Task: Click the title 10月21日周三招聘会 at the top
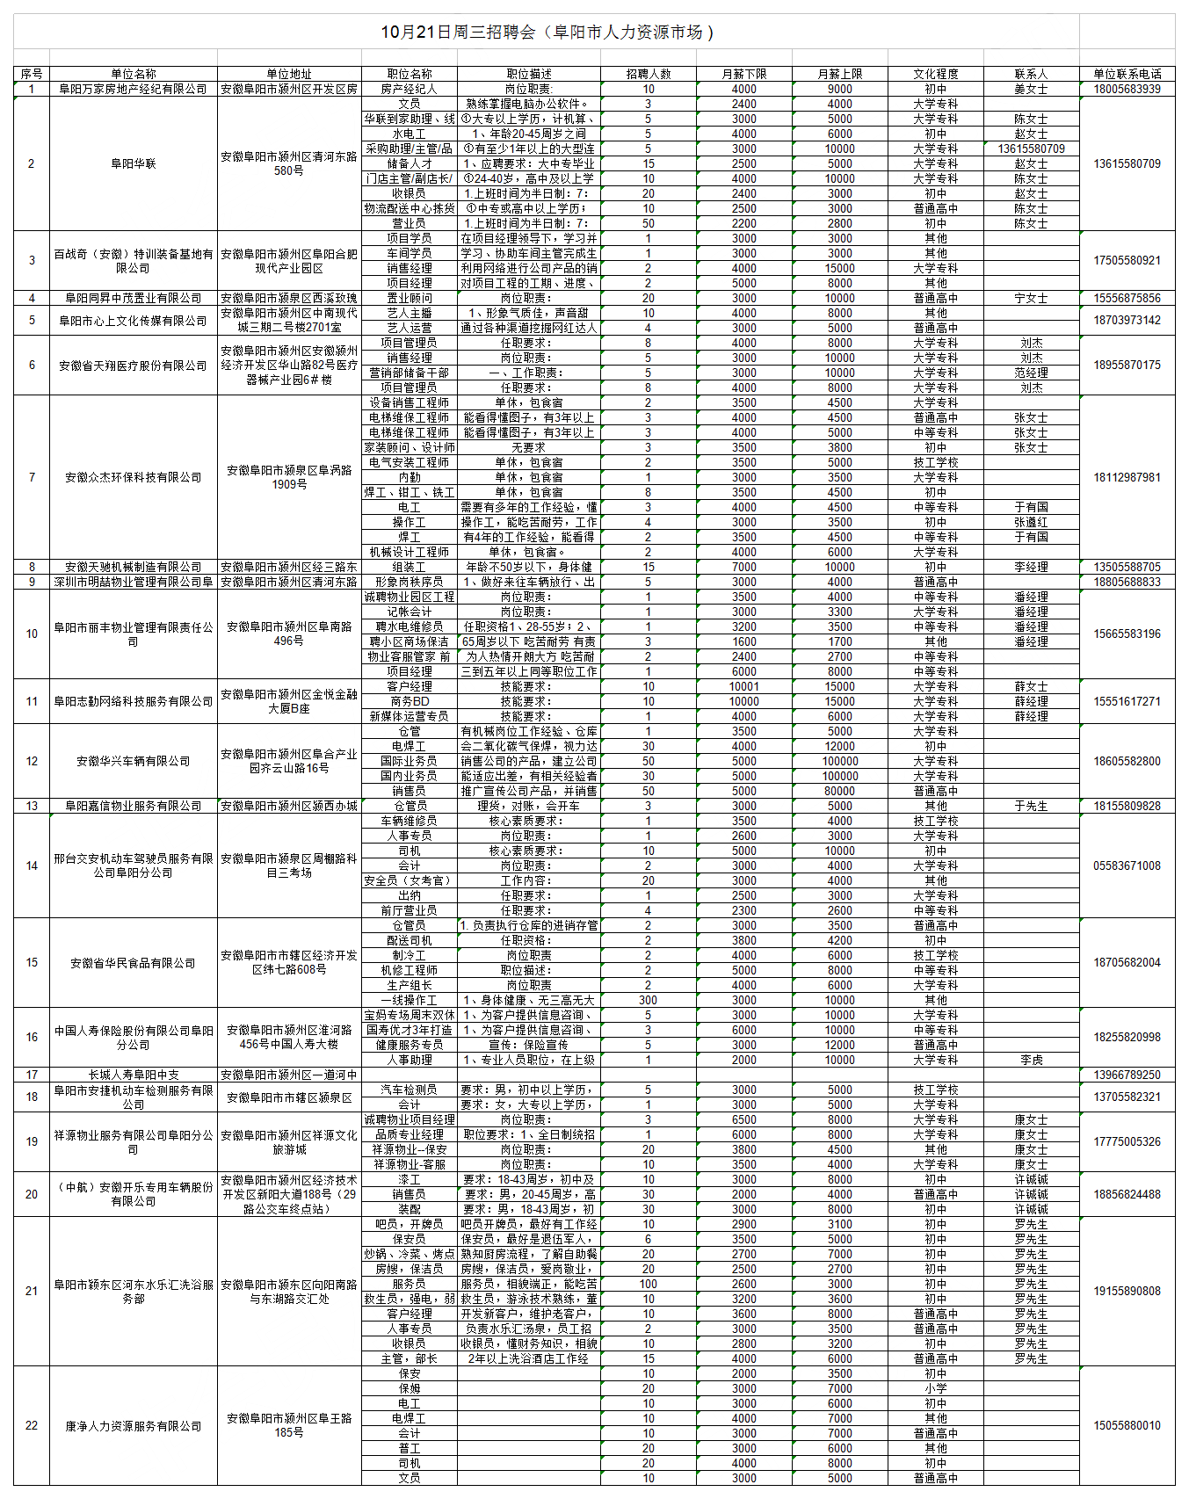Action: (547, 33)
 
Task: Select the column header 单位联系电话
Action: (1127, 74)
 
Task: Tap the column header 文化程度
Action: (935, 74)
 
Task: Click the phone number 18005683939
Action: (1127, 89)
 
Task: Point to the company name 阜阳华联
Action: (133, 163)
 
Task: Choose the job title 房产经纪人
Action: (409, 89)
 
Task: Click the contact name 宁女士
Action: (1031, 298)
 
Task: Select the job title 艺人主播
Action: (409, 313)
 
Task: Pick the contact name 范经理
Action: (1031, 373)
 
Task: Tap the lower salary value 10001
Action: (743, 686)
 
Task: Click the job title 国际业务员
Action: (409, 761)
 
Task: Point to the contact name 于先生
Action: (1031, 806)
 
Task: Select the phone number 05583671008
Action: (1127, 865)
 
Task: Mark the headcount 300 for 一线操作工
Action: (648, 1000)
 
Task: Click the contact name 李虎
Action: (1031, 1060)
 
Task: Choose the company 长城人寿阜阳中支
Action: (133, 1075)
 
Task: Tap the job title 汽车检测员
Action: (409, 1090)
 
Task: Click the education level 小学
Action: (935, 1388)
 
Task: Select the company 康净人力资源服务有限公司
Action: (133, 1426)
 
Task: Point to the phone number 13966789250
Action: (1127, 1075)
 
